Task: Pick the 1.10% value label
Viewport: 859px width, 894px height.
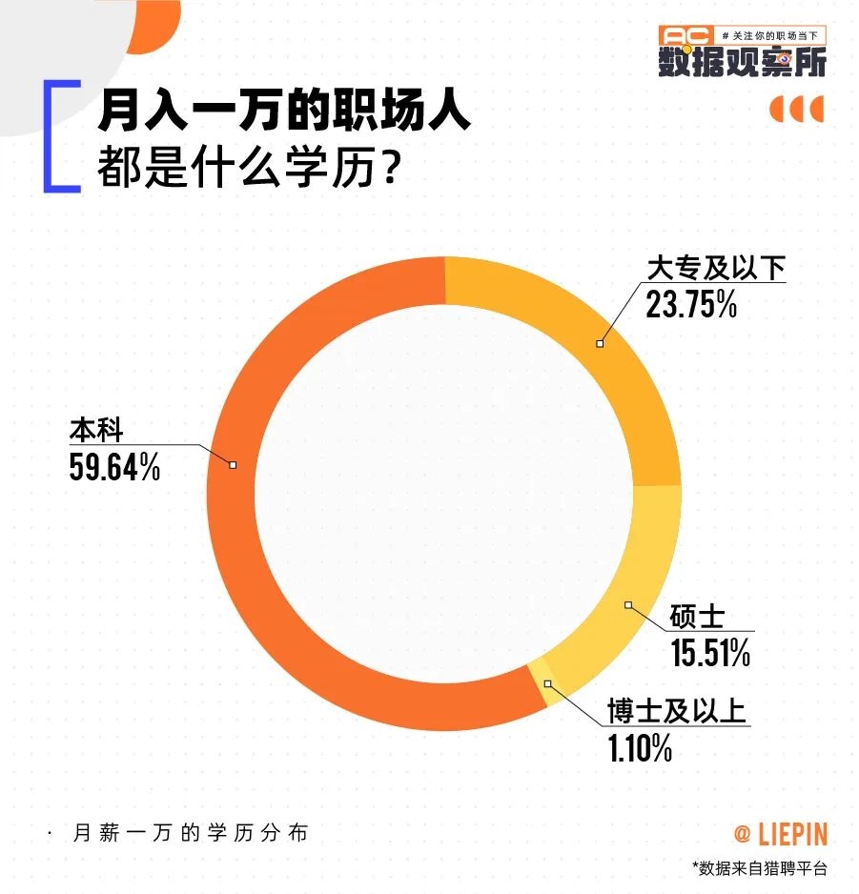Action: [x=641, y=749]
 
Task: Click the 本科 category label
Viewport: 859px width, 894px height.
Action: [x=95, y=431]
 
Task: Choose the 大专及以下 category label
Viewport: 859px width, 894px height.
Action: [x=716, y=269]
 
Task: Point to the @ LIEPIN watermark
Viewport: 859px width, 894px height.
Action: [x=780, y=835]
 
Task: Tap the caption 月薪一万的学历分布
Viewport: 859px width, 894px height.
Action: [x=191, y=832]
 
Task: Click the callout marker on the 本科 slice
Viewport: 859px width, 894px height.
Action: [x=233, y=464]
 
